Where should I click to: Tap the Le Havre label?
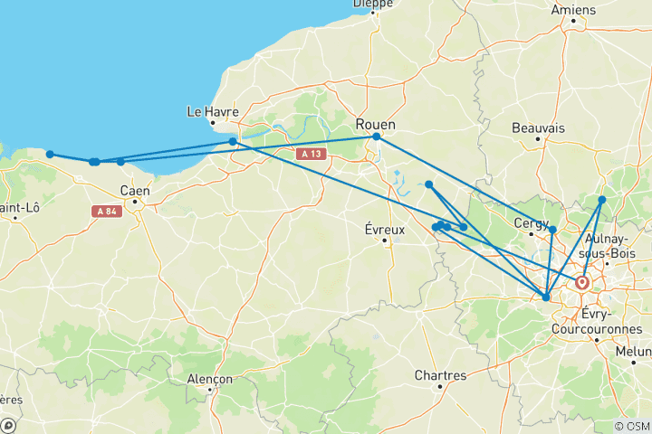point(212,112)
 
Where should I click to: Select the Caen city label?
point(135,190)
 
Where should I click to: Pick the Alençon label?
point(210,380)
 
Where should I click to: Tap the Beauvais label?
point(538,128)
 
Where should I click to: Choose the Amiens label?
point(573,10)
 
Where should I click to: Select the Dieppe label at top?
point(373,4)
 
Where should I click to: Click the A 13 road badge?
point(311,154)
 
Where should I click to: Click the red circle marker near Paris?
point(582,283)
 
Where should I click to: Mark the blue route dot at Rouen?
point(376,137)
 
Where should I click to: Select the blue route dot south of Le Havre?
point(233,142)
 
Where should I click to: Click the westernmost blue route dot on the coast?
point(50,155)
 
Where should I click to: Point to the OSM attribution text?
point(631,426)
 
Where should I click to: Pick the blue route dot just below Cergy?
point(552,230)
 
